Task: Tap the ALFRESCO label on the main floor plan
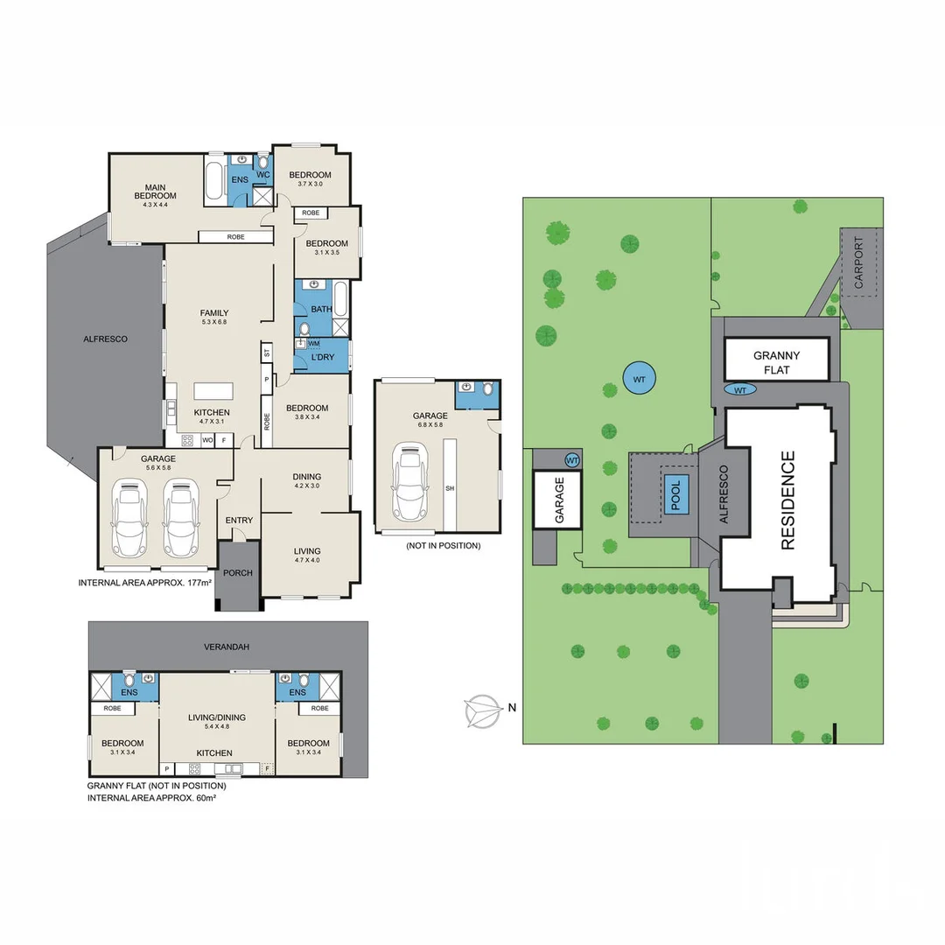(x=105, y=339)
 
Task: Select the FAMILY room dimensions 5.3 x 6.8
(x=214, y=322)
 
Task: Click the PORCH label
(x=238, y=573)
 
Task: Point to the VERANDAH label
(x=227, y=647)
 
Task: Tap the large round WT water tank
(x=640, y=379)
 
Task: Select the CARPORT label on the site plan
(x=858, y=262)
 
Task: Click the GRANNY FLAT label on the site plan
(x=777, y=362)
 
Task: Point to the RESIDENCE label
(x=787, y=500)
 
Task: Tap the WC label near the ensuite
(x=262, y=175)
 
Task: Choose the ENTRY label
(x=239, y=521)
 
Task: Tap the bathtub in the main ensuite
(x=215, y=180)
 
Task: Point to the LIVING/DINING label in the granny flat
(x=217, y=717)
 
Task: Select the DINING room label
(x=306, y=477)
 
